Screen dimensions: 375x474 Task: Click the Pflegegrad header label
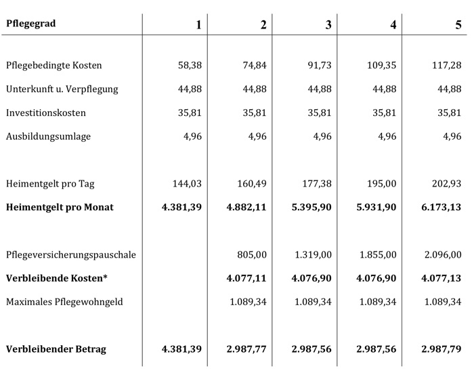[x=31, y=24]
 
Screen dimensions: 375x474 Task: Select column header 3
[x=328, y=25]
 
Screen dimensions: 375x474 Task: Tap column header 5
[x=458, y=25]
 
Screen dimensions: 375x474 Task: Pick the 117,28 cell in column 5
[x=448, y=66]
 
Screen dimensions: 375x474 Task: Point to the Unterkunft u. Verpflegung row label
[x=62, y=90]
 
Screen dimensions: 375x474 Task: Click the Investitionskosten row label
[x=45, y=113]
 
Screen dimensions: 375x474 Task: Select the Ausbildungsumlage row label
[x=48, y=136]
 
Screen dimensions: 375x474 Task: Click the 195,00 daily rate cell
[x=382, y=184]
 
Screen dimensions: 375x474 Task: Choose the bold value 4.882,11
[x=246, y=207]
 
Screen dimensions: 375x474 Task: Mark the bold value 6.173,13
[x=441, y=207]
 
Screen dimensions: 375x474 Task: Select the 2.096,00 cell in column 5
[x=444, y=255]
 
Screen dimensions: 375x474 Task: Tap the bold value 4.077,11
[x=246, y=278]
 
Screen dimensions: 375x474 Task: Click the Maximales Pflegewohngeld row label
[x=64, y=302]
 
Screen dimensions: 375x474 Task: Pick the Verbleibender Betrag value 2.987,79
[x=441, y=349]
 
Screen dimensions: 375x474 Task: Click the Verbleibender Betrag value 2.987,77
[x=246, y=349]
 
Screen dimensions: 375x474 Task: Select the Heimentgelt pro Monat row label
[x=60, y=207]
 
